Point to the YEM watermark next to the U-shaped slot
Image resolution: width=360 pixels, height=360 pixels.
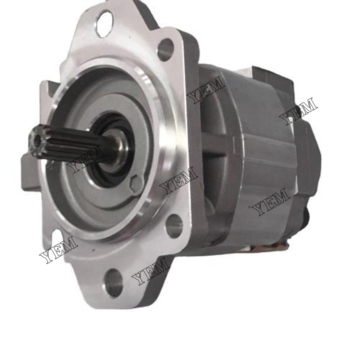[x=58, y=250]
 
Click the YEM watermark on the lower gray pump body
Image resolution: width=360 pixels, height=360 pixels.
[x=272, y=203]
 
